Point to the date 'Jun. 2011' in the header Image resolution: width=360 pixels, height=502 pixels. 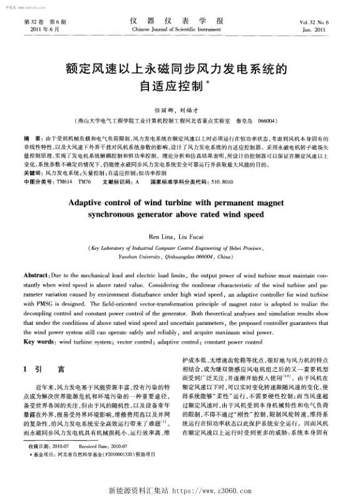tap(322, 29)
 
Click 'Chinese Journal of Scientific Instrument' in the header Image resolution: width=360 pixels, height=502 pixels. tap(180, 29)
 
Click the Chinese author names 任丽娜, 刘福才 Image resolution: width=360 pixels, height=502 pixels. tap(180, 108)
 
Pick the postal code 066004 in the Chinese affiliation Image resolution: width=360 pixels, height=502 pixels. tap(267, 119)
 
